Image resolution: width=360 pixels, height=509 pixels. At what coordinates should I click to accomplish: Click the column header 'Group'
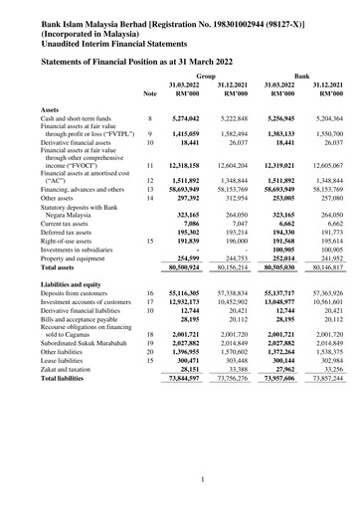pyautogui.click(x=206, y=75)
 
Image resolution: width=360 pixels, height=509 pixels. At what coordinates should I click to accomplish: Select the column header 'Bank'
pyautogui.click(x=305, y=75)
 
